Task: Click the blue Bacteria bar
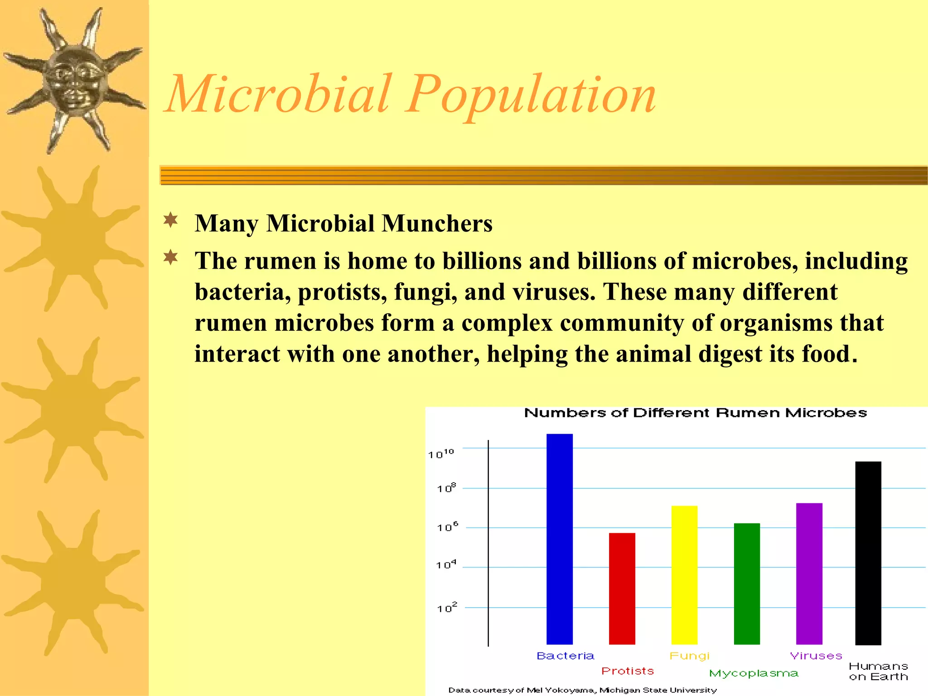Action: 559,539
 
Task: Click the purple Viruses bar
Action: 809,573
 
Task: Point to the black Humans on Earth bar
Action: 868,553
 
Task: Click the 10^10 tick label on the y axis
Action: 441,454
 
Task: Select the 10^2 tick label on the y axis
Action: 447,608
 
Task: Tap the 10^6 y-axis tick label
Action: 447,527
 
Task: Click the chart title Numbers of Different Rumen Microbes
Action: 695,413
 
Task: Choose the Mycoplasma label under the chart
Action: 754,674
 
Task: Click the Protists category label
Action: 628,671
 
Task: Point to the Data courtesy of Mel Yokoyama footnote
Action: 582,690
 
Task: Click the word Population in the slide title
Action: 530,95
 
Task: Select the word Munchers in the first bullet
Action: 437,223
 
